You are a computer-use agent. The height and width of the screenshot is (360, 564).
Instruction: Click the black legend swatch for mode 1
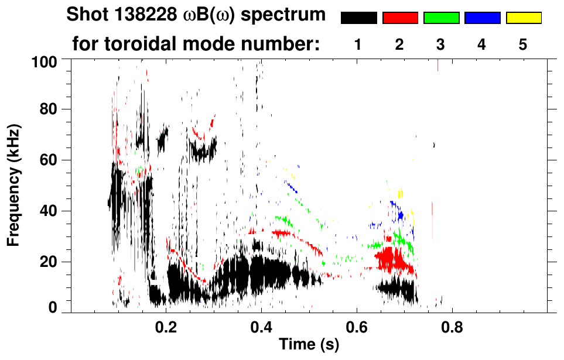(358, 18)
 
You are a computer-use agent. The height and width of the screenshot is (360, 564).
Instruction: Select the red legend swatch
(400, 18)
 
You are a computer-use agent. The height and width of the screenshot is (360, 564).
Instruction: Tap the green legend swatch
(441, 18)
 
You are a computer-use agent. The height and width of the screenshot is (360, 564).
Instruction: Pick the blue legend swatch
(482, 18)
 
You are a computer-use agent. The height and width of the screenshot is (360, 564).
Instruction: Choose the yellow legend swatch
(523, 18)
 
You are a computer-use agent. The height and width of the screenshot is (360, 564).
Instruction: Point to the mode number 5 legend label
(523, 44)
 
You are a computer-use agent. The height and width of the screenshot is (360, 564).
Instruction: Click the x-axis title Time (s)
(308, 345)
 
